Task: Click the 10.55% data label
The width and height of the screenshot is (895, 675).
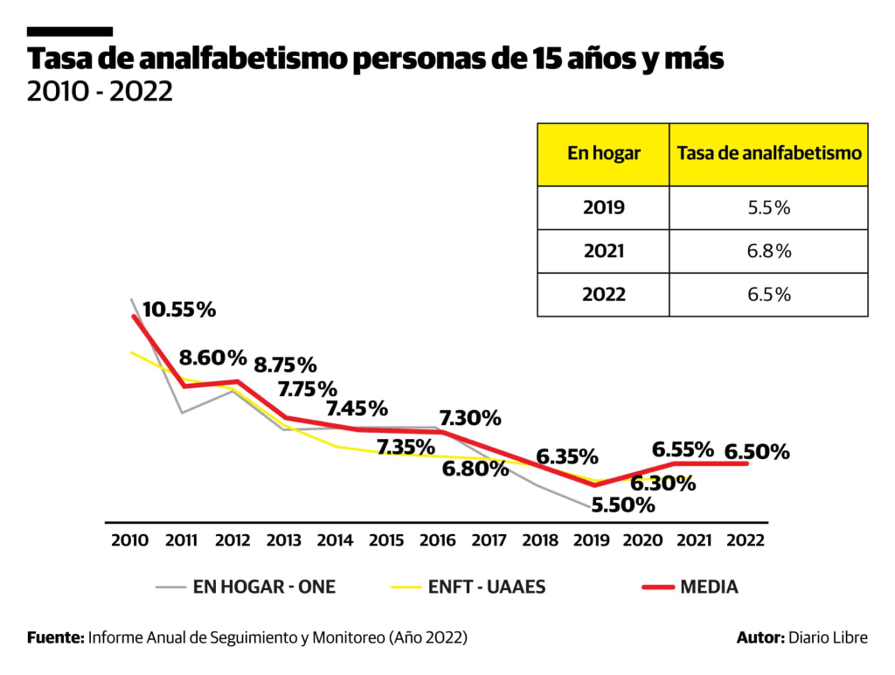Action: point(179,309)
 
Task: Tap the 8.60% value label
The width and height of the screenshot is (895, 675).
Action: point(213,357)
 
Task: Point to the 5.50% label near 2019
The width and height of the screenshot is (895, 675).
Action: point(622,505)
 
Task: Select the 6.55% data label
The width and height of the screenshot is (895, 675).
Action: point(684,449)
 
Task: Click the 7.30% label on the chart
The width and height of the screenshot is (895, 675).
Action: point(470,418)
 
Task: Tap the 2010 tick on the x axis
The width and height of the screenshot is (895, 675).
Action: point(130,540)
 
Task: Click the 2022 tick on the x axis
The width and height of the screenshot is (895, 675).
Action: point(746,540)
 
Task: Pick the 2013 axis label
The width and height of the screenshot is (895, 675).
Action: point(284,540)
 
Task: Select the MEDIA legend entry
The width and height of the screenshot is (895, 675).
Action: point(709,587)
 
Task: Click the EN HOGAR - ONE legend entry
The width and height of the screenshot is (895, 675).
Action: point(264,587)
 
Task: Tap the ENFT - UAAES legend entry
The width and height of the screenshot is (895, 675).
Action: point(488,587)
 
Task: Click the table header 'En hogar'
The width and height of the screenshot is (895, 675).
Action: point(603,154)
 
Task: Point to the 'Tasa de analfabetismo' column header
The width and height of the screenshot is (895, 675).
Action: point(769,154)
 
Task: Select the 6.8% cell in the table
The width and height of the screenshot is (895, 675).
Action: point(769,251)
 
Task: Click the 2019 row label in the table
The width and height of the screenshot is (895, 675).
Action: point(603,208)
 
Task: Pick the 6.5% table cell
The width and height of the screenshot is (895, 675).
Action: point(769,295)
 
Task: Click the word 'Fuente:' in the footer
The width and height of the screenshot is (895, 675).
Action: point(55,637)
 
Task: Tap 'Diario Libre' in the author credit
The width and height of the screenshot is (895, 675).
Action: point(829,637)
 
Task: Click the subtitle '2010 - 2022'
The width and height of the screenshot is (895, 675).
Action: point(100,91)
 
